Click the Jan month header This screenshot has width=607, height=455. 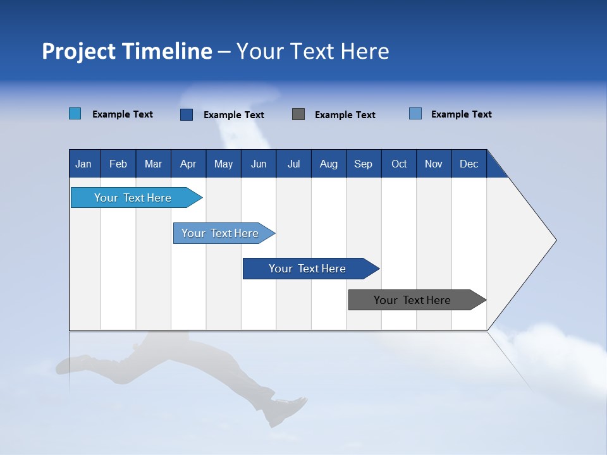pos(83,164)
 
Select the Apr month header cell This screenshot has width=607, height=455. pos(188,164)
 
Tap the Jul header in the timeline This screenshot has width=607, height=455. pos(293,164)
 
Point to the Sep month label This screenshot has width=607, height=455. pos(363,164)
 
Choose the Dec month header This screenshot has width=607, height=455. pos(469,164)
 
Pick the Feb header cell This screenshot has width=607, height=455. pos(118,164)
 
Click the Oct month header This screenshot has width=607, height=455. pos(399,164)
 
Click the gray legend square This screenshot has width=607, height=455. pos(298,114)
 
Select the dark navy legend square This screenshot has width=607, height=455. pos(187,114)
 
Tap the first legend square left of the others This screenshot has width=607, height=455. pos(75,114)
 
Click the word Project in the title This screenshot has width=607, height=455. pos(78,51)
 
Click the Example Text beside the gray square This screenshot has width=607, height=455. pos(345,115)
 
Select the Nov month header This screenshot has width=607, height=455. pos(434,164)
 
